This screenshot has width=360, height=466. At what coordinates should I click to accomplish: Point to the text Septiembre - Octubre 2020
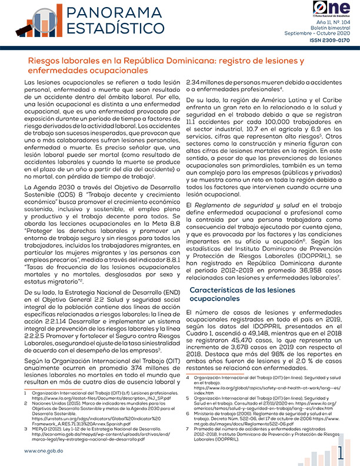[319, 34]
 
